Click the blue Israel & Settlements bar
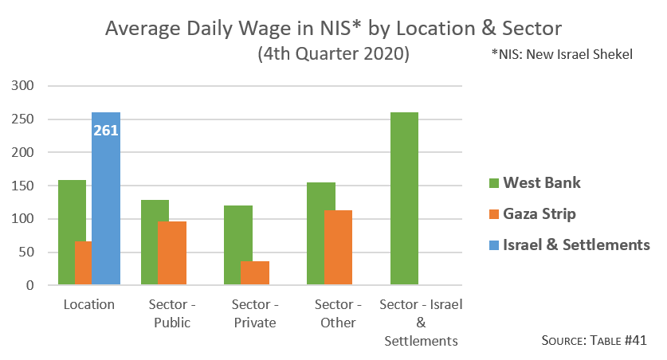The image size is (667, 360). (106, 207)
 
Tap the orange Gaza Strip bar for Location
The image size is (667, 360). (83, 263)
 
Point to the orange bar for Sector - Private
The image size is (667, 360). (254, 272)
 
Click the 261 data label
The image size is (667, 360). (106, 130)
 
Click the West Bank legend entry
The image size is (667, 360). (534, 183)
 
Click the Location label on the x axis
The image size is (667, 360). (88, 305)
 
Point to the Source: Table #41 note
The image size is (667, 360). (593, 340)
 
